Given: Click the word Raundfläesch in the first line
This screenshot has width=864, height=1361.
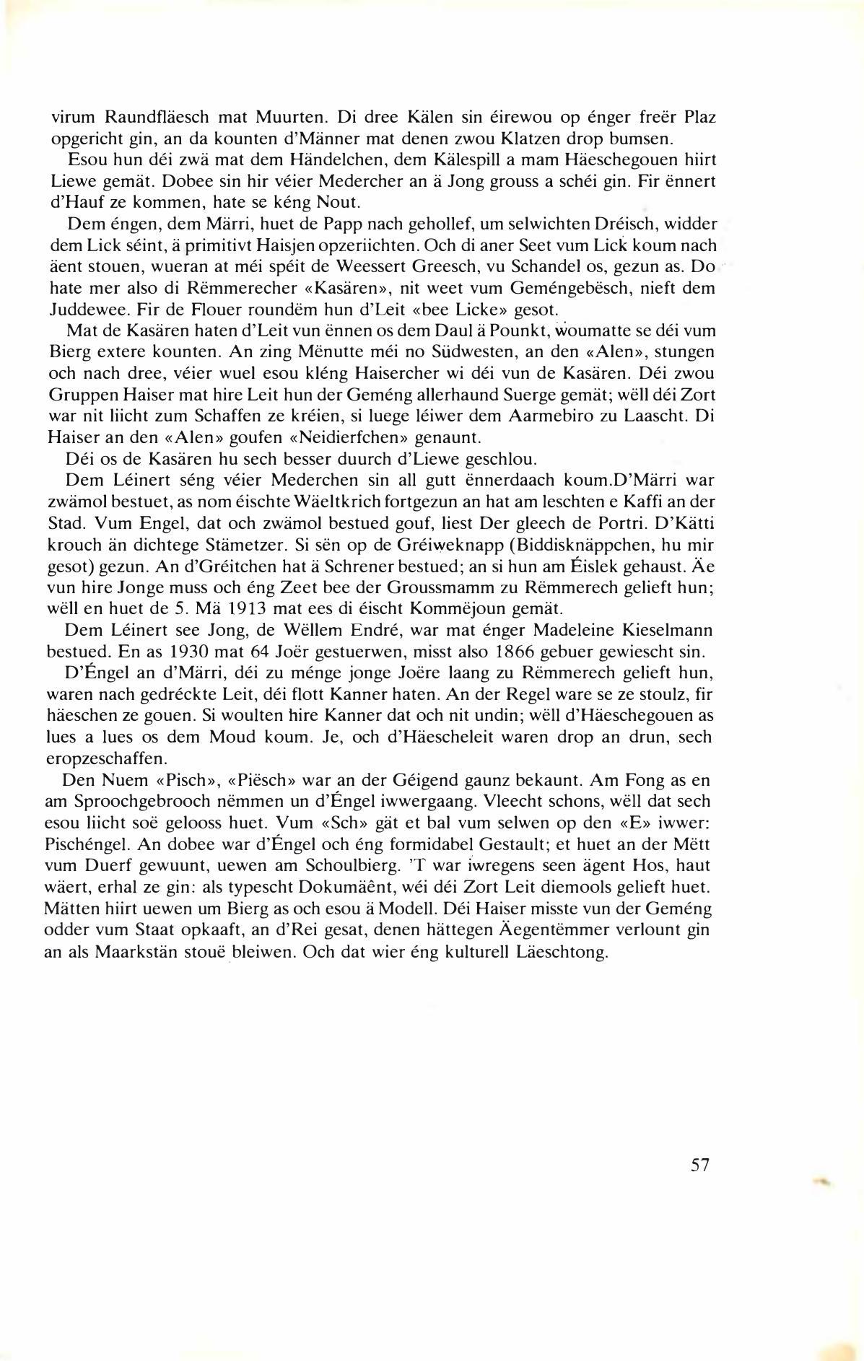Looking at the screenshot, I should (152, 117).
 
